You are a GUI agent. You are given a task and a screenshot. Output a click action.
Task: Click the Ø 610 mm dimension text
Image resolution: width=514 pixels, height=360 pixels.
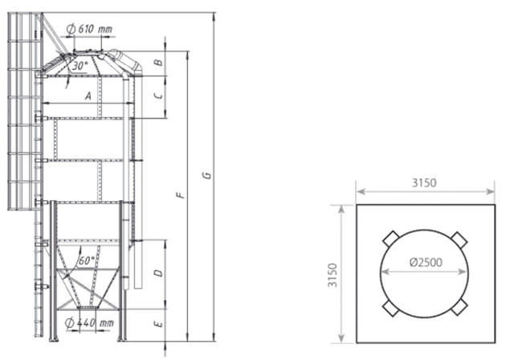(x=89, y=29)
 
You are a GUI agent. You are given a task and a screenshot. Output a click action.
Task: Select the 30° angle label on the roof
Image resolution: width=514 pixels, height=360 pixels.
(x=80, y=66)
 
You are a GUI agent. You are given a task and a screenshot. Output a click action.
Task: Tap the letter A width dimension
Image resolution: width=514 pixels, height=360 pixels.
(x=88, y=96)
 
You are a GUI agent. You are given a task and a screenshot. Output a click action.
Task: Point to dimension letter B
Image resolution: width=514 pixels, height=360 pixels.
(x=159, y=63)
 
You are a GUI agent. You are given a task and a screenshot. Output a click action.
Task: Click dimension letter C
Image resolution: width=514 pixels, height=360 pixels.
(x=159, y=96)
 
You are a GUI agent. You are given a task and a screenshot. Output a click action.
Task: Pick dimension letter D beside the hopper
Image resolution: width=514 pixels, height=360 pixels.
(x=159, y=272)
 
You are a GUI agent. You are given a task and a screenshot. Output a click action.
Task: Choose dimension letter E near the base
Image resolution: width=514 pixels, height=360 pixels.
(x=159, y=325)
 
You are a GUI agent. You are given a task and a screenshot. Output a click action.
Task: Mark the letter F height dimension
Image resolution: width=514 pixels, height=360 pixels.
(x=181, y=194)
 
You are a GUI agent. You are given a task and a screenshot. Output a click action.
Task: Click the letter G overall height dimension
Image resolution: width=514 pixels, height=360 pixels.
(x=207, y=175)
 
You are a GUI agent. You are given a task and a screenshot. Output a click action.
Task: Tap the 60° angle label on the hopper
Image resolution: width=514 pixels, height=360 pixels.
(x=87, y=260)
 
